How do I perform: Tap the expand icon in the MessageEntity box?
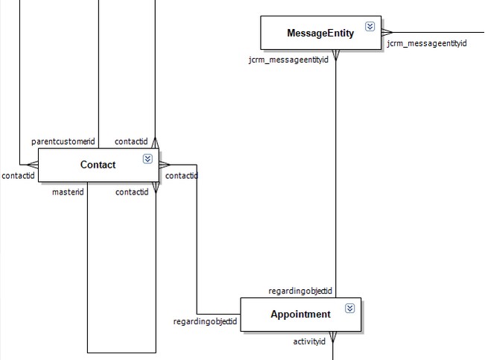pos(370,27)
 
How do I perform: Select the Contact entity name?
pos(98,165)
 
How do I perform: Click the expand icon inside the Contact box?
pos(148,159)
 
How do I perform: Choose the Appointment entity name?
pos(300,315)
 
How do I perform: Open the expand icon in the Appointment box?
pos(349,309)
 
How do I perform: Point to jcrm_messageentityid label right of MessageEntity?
pos(426,44)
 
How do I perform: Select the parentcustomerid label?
pos(63,142)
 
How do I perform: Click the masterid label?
pos(67,192)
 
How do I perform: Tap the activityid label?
pos(309,341)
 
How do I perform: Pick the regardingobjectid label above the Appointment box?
pos(300,291)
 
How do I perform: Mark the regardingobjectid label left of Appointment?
pos(205,322)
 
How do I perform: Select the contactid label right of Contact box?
pos(181,176)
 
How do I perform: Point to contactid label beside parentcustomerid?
pos(131,142)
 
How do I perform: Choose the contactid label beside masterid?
pos(131,192)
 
